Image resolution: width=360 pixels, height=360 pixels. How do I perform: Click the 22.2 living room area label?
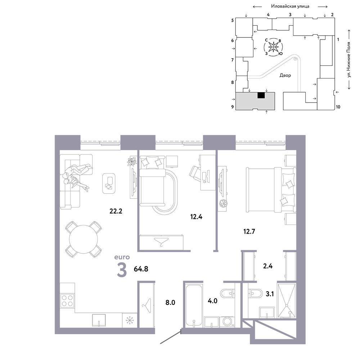pos(116,211)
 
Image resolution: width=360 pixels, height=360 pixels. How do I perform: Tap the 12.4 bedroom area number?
pos(196,216)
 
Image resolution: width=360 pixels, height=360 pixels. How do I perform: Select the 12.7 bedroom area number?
pos(249,231)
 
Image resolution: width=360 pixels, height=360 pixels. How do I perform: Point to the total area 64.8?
pos(141,269)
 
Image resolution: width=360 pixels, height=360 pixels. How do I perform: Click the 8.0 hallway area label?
pos(170,302)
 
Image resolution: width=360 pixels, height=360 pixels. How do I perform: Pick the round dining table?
pos(84,239)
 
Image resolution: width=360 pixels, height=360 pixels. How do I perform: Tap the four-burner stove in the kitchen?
pos(67,301)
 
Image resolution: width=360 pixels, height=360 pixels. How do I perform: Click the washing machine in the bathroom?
pos(227,321)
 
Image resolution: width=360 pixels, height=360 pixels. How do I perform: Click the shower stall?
pos(287,301)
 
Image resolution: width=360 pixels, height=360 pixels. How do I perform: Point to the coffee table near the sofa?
pos(109,183)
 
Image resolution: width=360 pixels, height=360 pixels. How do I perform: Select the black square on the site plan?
pos(261,95)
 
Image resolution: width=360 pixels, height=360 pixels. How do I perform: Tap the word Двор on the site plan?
pos(285,75)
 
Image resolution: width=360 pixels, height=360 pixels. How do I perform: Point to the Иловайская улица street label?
pos(290,6)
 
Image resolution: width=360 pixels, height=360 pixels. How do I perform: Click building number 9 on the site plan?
pos(233,107)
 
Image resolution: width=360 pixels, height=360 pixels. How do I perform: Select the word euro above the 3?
pos(122,257)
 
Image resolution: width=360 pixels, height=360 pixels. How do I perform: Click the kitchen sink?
pos(99,320)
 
